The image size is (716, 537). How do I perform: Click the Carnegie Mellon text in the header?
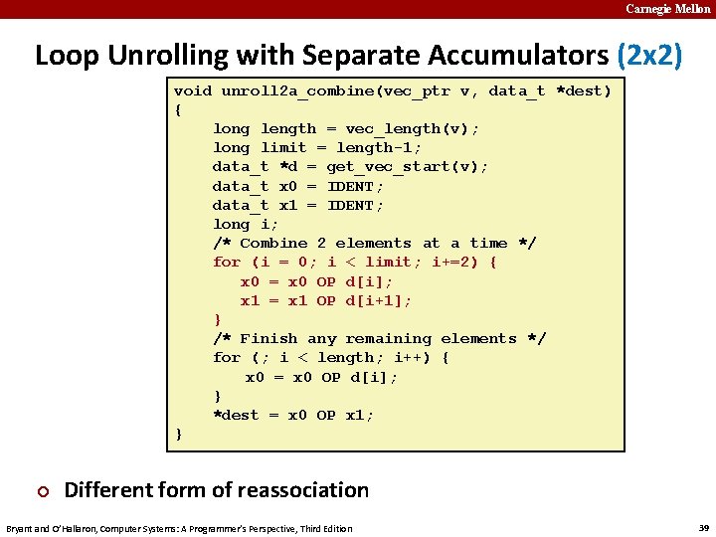point(667,9)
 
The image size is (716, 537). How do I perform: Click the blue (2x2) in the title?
point(649,55)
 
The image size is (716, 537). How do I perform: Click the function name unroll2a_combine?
point(302,90)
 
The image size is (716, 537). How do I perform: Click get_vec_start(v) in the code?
point(408,166)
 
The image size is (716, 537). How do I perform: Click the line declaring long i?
point(246,224)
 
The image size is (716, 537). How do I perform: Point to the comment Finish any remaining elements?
point(378,338)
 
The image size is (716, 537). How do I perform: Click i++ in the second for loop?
point(413,357)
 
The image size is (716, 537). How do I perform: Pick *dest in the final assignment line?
point(236,415)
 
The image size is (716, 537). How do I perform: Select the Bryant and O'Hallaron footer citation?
point(180,528)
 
